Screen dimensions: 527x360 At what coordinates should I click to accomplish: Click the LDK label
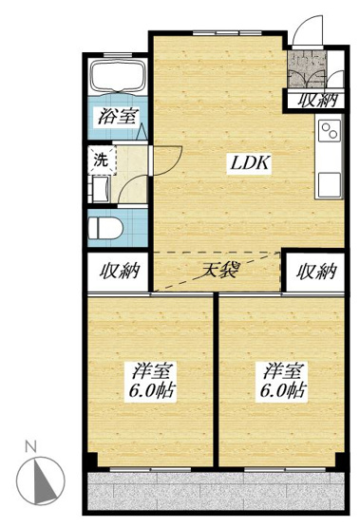pyautogui.click(x=252, y=162)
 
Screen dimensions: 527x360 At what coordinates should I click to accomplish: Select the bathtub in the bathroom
pyautogui.click(x=116, y=81)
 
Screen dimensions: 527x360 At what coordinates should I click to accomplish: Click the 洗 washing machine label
pyautogui.click(x=100, y=160)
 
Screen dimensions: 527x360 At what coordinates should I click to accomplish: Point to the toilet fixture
pyautogui.click(x=104, y=228)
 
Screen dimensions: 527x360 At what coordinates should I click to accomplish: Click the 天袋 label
pyautogui.click(x=218, y=270)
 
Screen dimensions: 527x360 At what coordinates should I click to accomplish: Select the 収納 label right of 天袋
pyautogui.click(x=315, y=272)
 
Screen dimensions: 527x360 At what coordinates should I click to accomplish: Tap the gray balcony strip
pyautogui.click(x=218, y=494)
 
